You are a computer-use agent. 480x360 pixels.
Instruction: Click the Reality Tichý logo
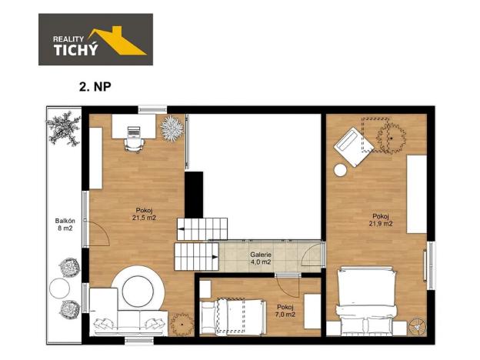point(95,39)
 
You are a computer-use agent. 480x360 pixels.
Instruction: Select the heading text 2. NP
point(96,87)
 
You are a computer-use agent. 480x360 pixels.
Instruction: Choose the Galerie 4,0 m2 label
point(261,258)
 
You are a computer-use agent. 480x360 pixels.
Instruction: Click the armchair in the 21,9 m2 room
point(351,145)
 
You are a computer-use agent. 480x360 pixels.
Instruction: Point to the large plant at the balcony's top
point(63,128)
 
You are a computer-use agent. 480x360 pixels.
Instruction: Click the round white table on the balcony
point(60,290)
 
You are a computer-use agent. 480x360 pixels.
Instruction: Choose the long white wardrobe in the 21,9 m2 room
point(416,193)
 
